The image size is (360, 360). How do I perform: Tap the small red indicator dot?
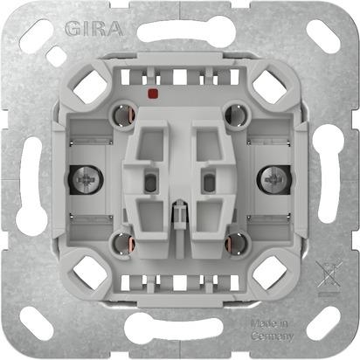click(155, 91)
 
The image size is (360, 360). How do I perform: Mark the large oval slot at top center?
click(180, 34)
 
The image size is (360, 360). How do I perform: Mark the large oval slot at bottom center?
click(180, 329)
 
